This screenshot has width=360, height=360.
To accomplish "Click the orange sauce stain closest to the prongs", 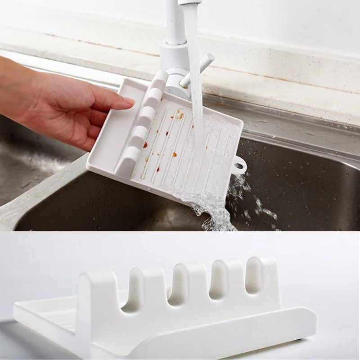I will [145, 145].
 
